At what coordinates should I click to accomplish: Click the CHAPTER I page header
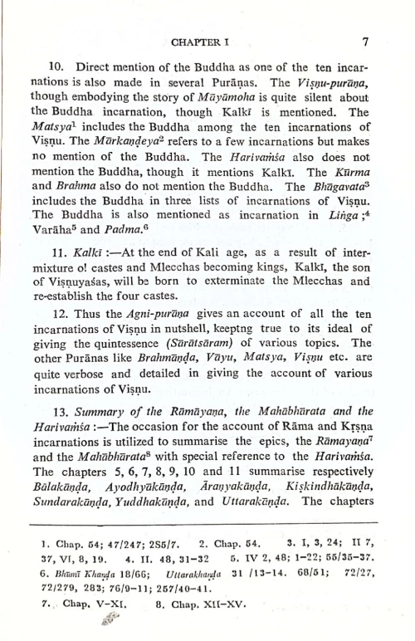click(x=202, y=41)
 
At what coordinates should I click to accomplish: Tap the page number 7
click(x=365, y=41)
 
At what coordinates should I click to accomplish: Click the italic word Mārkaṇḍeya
click(x=144, y=141)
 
